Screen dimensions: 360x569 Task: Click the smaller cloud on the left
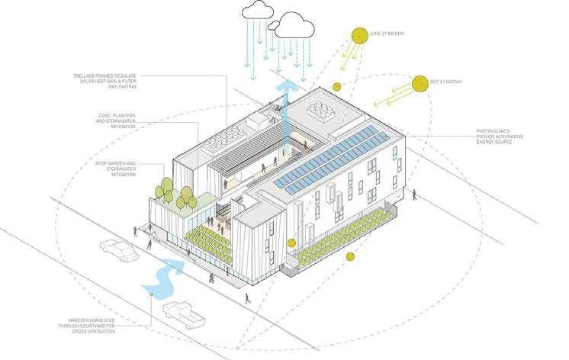click(256, 11)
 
